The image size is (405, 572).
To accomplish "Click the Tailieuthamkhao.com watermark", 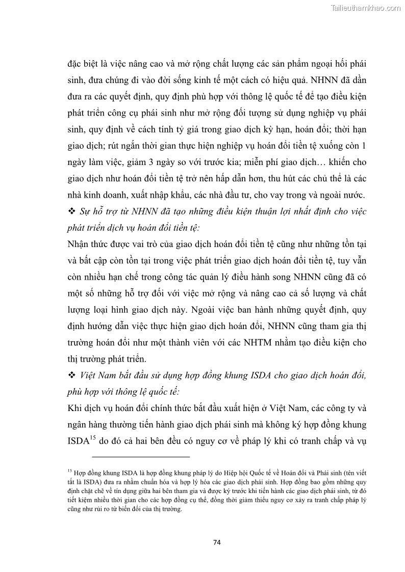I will point(366,8).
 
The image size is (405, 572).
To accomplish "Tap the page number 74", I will point(217,541).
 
